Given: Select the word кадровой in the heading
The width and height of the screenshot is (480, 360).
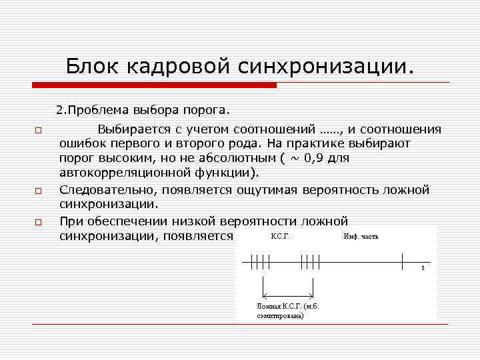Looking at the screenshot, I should (x=175, y=66).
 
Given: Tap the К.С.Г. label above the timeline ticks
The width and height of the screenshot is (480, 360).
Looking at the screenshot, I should (x=280, y=237).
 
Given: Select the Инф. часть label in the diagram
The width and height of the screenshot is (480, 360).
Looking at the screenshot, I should (x=361, y=237).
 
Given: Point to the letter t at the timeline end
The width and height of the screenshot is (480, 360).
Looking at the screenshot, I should (x=422, y=268).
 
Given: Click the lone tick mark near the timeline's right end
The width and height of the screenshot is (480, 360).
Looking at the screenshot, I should (x=402, y=261).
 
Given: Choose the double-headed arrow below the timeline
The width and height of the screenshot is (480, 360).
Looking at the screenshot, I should (x=288, y=296).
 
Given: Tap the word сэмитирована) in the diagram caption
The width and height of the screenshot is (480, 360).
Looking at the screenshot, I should (x=280, y=316).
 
